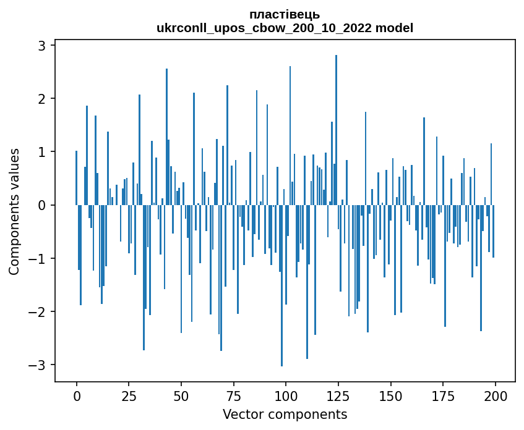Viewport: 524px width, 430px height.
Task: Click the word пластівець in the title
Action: pos(285,14)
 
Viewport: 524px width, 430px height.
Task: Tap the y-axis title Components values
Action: pos(14,211)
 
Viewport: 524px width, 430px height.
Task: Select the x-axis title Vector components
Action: pos(285,414)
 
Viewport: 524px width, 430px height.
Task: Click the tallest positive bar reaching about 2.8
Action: pos(336,124)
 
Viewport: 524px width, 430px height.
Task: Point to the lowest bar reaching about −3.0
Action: pos(281,290)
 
